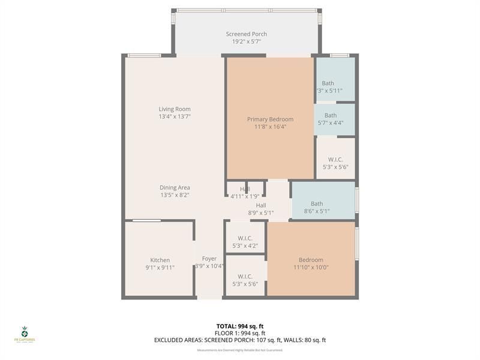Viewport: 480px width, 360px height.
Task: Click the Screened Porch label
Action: click(x=246, y=34)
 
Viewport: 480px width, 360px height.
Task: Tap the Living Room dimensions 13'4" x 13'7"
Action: click(x=175, y=116)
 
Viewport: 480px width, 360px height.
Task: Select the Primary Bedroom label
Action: click(x=270, y=119)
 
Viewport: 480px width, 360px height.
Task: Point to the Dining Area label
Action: click(x=175, y=188)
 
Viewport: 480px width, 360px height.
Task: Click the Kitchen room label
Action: click(x=160, y=260)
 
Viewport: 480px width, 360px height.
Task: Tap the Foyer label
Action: click(x=209, y=259)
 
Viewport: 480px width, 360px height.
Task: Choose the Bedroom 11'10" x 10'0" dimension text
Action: click(x=311, y=268)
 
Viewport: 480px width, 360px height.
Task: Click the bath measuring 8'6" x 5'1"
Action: click(x=316, y=204)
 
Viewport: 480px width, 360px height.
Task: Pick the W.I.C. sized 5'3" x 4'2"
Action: click(x=245, y=241)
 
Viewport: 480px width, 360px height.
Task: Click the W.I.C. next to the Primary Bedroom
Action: click(x=335, y=160)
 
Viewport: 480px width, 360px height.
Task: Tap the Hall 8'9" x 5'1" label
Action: click(x=260, y=205)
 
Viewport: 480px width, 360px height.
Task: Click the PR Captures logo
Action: click(x=25, y=334)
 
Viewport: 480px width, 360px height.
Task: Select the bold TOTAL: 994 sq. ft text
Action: click(x=240, y=326)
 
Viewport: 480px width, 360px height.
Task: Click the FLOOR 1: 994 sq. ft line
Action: click(x=240, y=333)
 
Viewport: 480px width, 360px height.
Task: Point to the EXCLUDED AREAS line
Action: click(x=240, y=340)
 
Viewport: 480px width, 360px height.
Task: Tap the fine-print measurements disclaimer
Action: click(x=240, y=350)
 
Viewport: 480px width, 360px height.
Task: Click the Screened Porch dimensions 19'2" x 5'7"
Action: click(x=246, y=42)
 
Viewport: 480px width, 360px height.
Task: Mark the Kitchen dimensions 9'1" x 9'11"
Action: click(x=160, y=268)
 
